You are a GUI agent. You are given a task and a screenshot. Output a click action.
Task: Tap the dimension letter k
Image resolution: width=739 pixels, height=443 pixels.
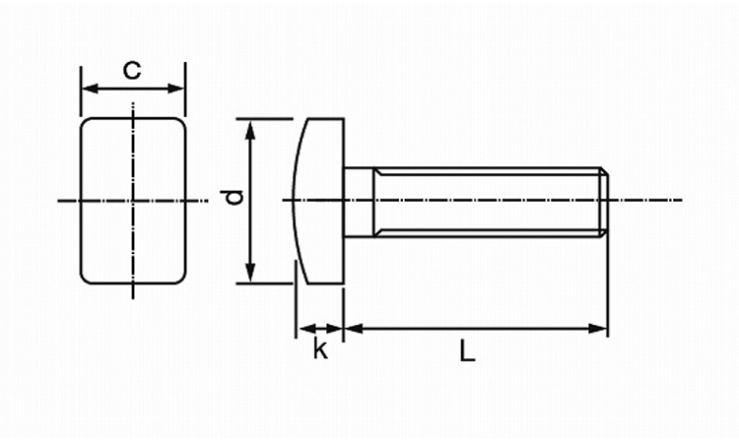[319, 348]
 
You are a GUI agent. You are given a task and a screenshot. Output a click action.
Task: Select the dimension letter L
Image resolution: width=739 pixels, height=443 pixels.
[467, 349]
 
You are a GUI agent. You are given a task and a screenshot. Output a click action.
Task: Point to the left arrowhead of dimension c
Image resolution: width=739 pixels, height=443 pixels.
[87, 89]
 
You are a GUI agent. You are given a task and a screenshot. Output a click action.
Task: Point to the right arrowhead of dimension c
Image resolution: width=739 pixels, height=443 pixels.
[178, 89]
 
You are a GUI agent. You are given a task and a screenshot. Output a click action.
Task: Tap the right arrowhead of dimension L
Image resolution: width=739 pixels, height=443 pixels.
[600, 327]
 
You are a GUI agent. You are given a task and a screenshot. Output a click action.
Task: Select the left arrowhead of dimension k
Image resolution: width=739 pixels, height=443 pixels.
[302, 327]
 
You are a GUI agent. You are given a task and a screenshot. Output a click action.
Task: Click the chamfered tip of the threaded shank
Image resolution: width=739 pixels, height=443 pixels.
[605, 201]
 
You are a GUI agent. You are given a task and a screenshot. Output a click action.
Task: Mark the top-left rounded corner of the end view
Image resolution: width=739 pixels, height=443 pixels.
[87, 124]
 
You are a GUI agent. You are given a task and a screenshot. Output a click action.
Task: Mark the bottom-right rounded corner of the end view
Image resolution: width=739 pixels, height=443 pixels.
[179, 278]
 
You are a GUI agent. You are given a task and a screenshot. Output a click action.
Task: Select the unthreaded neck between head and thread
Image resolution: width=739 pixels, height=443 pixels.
[359, 201]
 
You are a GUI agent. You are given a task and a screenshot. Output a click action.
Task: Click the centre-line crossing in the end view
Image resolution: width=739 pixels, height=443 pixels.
[133, 201]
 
